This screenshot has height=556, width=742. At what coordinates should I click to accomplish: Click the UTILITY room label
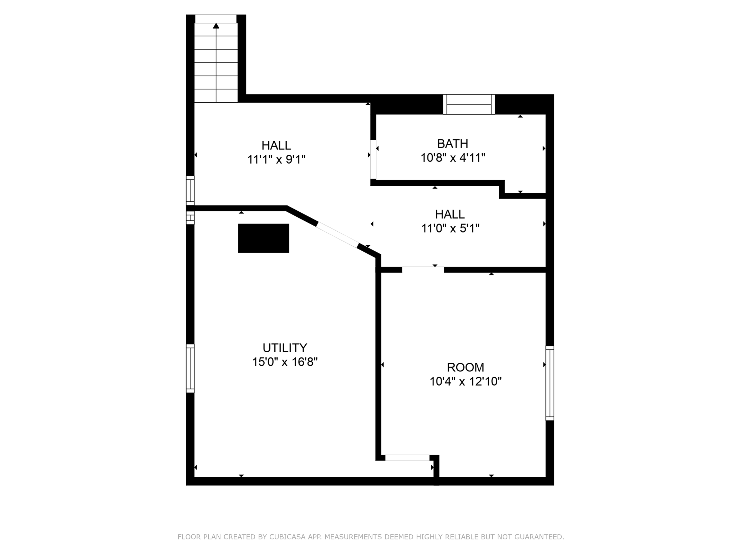pyautogui.click(x=285, y=347)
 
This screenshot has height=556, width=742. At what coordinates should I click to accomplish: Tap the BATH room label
pyautogui.click(x=453, y=144)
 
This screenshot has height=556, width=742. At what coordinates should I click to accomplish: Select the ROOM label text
pyautogui.click(x=466, y=367)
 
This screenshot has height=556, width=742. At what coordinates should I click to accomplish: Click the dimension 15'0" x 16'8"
pyautogui.click(x=285, y=362)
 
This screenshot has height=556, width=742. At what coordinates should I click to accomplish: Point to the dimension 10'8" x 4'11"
pyautogui.click(x=453, y=158)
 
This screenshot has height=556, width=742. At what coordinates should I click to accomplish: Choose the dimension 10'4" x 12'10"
pyautogui.click(x=466, y=382)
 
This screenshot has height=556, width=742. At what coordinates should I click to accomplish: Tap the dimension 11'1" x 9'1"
pyautogui.click(x=276, y=159)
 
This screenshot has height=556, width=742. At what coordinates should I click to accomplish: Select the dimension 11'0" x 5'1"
pyautogui.click(x=450, y=228)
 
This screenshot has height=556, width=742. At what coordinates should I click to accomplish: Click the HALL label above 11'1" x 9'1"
pyautogui.click(x=276, y=145)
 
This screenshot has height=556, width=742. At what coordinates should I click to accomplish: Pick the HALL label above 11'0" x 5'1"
pyautogui.click(x=450, y=214)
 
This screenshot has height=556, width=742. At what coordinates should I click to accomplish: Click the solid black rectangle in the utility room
pyautogui.click(x=264, y=238)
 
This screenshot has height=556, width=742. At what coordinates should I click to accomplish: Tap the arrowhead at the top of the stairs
pyautogui.click(x=216, y=26)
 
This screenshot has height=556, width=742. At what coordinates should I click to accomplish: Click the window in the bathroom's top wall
pyautogui.click(x=469, y=104)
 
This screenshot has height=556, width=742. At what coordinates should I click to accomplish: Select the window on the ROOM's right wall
pyautogui.click(x=550, y=383)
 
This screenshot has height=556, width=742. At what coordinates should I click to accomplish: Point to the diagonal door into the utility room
pyautogui.click(x=337, y=235)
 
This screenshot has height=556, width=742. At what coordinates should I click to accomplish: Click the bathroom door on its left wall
pyautogui.click(x=373, y=159)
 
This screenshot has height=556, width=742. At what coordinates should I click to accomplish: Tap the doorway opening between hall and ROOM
pyautogui.click(x=423, y=269)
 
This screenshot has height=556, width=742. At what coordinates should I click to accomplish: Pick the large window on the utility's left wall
pyautogui.click(x=190, y=369)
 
